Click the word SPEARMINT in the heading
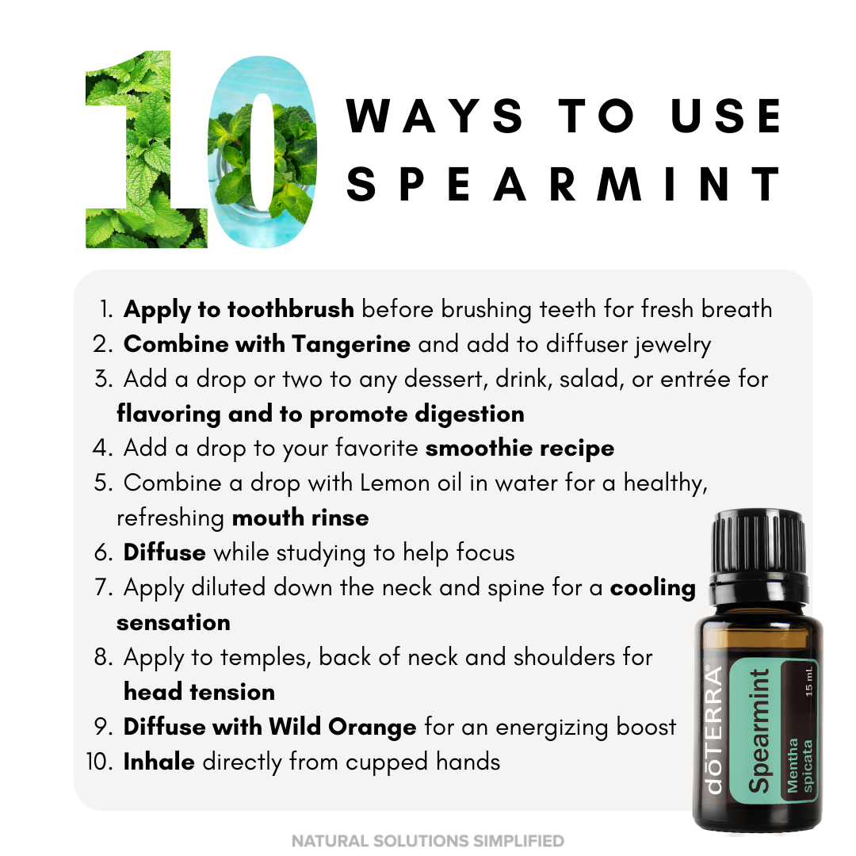click(564, 184)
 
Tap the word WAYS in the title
click(434, 116)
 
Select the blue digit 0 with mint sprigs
click(262, 151)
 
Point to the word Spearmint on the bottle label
click(759, 731)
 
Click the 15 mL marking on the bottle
click(808, 681)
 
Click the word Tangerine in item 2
click(351, 345)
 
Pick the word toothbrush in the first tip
click(290, 309)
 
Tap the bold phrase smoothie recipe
click(520, 449)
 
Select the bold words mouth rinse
click(300, 518)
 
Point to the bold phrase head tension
click(199, 692)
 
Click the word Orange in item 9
click(372, 728)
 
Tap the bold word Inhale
click(159, 762)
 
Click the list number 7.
click(103, 587)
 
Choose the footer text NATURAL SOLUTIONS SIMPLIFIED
click(428, 841)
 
